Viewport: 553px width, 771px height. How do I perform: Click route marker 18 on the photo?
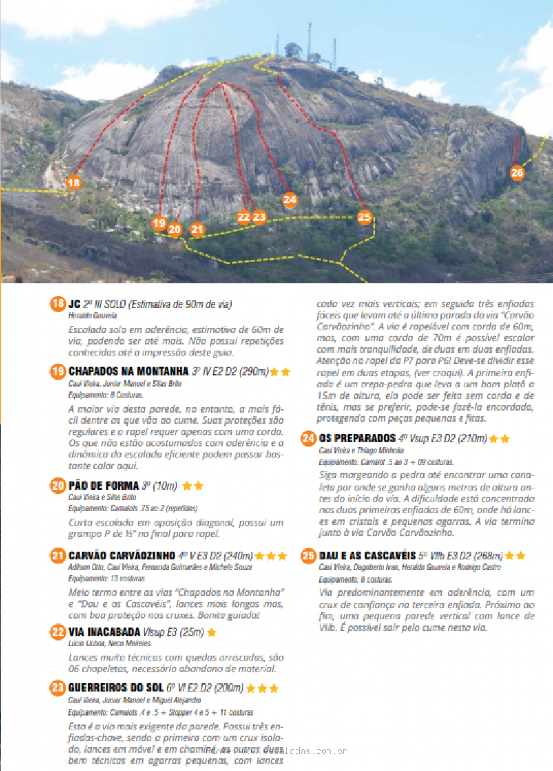tap(74, 183)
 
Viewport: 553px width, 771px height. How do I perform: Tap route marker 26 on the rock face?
tap(517, 173)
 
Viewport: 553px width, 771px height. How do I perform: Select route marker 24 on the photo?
tap(290, 199)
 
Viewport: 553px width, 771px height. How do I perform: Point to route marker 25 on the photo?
tap(364, 216)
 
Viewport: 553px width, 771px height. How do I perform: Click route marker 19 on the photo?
tap(159, 223)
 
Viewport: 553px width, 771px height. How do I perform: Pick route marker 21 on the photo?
tap(197, 229)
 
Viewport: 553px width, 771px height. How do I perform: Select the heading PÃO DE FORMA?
tap(104, 486)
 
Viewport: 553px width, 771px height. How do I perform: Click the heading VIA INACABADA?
tap(104, 632)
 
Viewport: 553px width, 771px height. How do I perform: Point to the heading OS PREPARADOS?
tap(356, 438)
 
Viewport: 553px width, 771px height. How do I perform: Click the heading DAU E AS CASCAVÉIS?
tap(367, 555)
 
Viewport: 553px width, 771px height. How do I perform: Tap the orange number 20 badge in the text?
tap(57, 486)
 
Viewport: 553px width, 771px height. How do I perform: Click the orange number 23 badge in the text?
tap(57, 688)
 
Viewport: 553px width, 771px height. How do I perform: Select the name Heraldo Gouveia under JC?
tap(88, 316)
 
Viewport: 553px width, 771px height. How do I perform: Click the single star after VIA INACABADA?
tap(212, 633)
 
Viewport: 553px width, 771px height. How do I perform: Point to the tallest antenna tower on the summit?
tap(309, 40)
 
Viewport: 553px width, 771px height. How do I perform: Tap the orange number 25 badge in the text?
tap(308, 555)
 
